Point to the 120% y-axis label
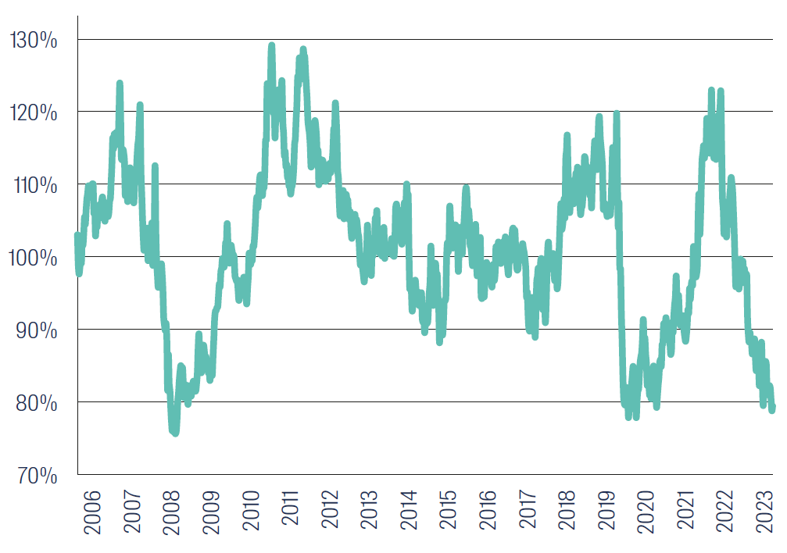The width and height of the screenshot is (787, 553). [34, 113]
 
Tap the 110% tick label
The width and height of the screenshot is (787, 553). [34, 186]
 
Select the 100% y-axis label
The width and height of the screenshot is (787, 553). [34, 258]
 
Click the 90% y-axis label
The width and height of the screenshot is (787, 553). [35, 330]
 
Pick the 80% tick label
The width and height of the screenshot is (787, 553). [35, 403]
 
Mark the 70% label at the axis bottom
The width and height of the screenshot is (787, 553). [35, 475]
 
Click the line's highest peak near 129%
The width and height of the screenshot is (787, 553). [271, 46]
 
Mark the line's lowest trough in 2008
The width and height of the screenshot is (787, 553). [174, 432]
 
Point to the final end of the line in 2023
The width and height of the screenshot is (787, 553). [772, 409]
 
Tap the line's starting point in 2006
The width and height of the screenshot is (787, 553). [77, 235]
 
